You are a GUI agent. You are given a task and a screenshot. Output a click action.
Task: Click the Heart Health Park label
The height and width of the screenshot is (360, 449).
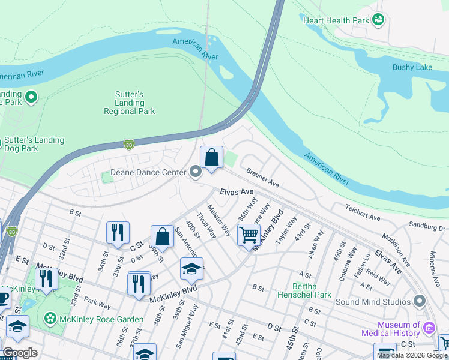click(336, 20)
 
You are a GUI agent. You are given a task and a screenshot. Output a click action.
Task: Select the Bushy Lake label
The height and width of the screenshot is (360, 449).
click(412, 67)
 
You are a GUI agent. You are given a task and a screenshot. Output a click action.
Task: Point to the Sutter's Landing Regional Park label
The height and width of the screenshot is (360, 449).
click(129, 103)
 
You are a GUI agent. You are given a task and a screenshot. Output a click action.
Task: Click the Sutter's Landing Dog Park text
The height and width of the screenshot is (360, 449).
click(34, 144)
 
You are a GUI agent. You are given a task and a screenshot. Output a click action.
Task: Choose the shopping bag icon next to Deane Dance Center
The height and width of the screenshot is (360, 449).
click(211, 158)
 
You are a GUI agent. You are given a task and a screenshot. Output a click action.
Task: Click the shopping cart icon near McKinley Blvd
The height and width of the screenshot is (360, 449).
click(249, 233)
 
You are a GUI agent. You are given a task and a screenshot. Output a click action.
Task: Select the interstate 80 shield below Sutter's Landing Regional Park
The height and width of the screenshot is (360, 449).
click(128, 144)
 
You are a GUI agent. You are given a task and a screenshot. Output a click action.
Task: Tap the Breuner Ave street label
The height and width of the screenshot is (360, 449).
click(264, 178)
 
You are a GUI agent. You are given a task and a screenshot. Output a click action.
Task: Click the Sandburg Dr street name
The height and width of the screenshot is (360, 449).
click(427, 228)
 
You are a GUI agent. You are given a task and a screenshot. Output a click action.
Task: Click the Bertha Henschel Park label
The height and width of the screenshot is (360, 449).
click(304, 290)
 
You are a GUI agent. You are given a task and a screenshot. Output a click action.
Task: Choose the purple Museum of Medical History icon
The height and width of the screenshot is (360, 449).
click(429, 328)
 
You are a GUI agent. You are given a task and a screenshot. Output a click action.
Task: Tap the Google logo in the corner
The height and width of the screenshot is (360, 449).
click(19, 353)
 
